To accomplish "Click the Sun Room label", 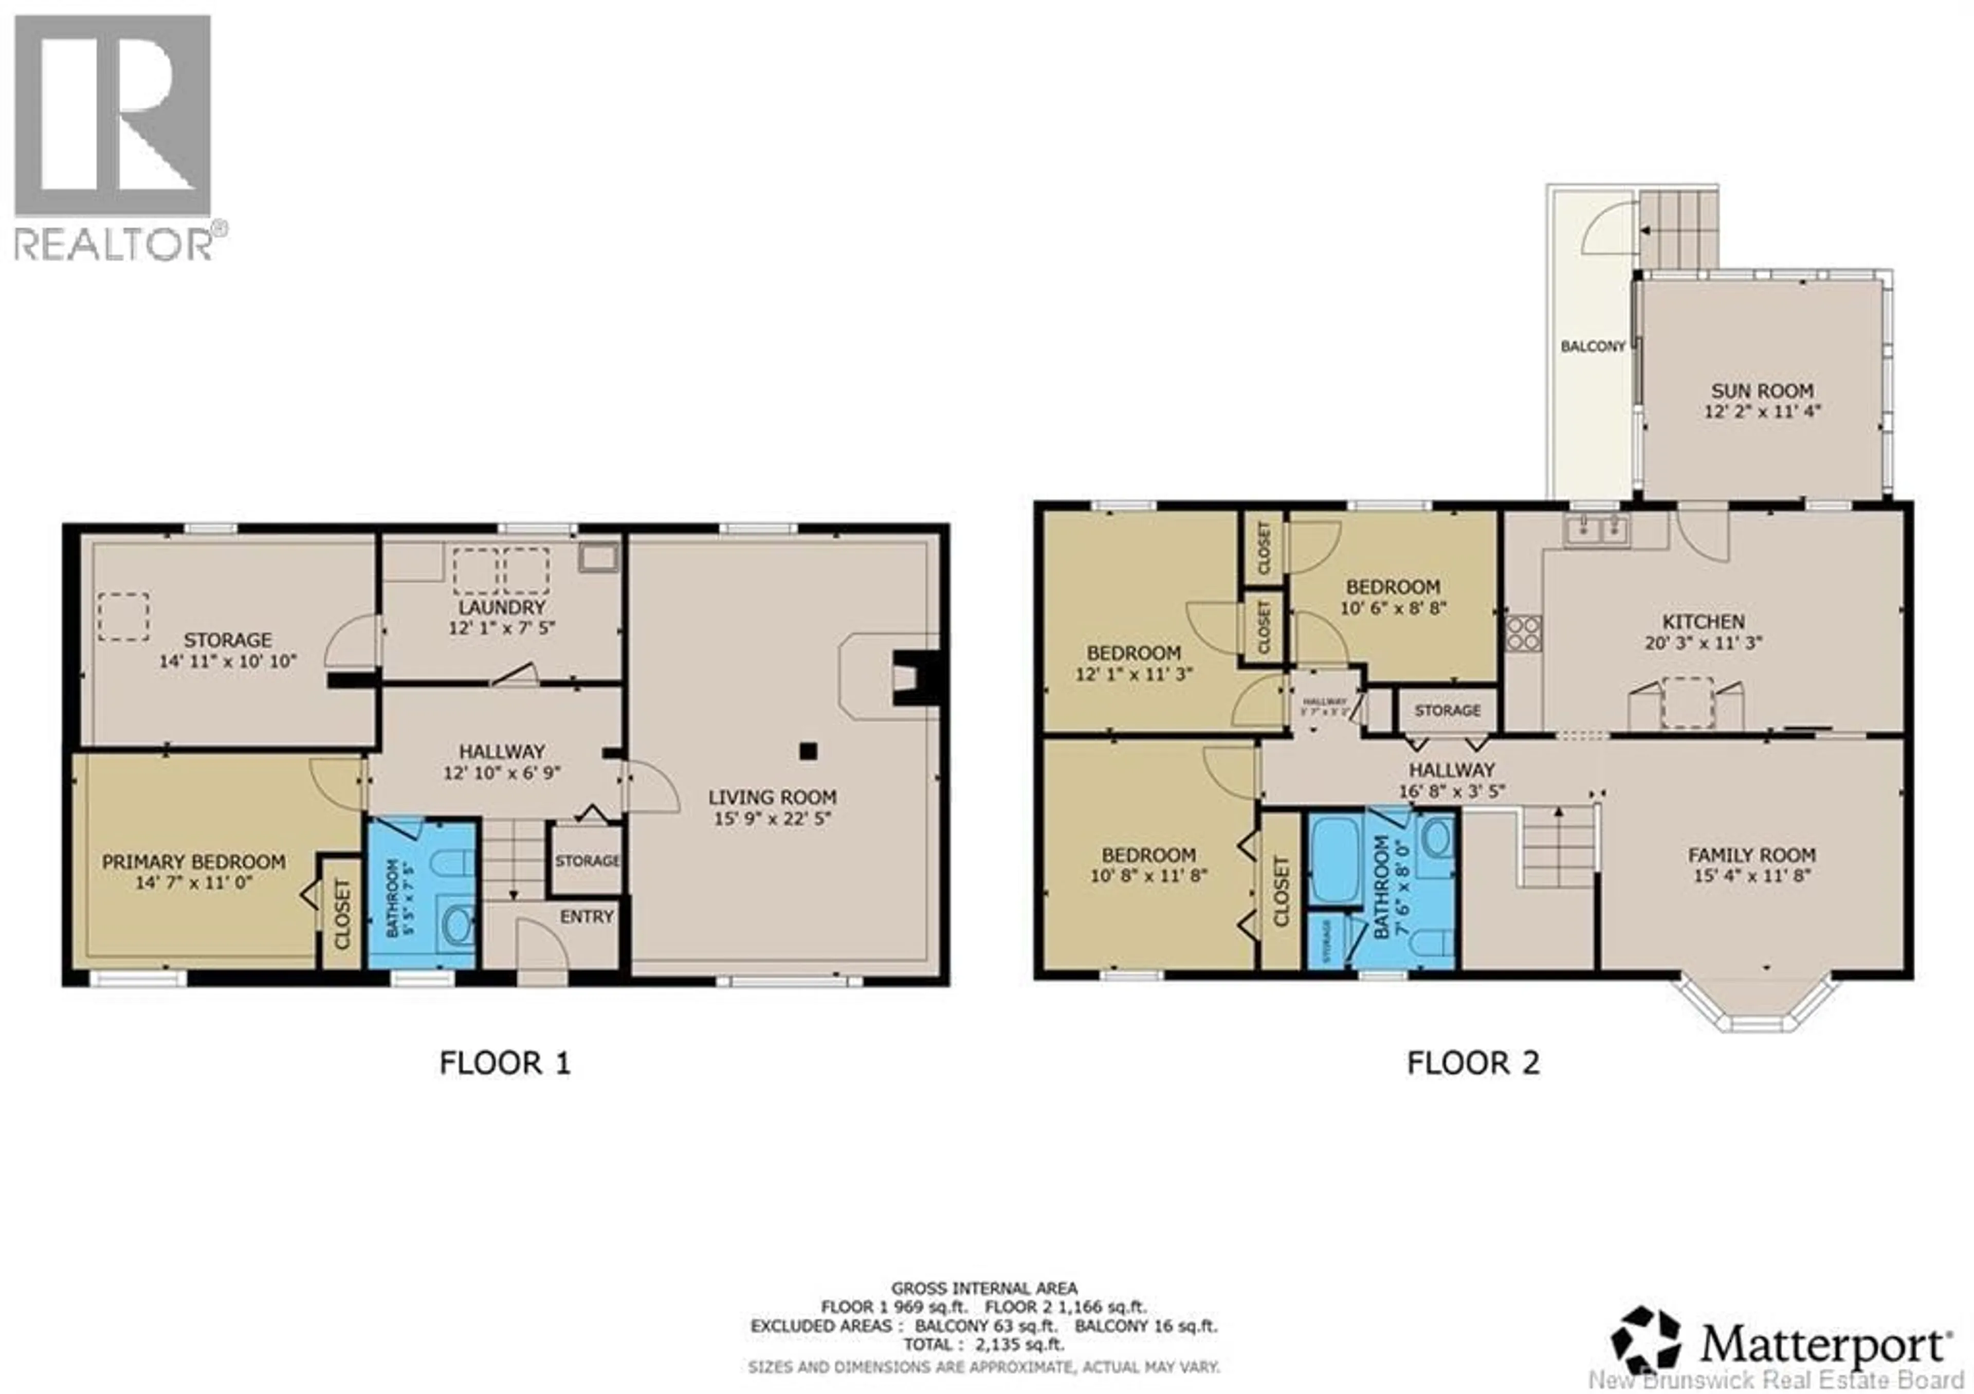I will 1762,390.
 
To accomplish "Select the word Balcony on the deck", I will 1592,347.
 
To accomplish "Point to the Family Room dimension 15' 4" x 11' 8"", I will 1751,876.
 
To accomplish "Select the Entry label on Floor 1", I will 587,917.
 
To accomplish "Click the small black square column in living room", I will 807,751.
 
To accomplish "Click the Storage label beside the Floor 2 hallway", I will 1447,710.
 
